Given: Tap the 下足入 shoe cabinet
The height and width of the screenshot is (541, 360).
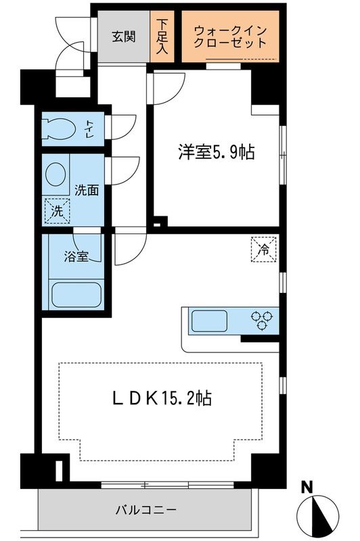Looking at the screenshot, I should coord(162,37).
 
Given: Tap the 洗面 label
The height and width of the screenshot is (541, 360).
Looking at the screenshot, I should coord(87,190).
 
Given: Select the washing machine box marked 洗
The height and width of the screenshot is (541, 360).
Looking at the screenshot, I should coord(57,211).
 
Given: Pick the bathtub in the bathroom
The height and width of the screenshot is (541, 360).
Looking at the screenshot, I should coord(75,296).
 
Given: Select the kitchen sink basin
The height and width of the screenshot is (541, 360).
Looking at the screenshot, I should coord(211,319).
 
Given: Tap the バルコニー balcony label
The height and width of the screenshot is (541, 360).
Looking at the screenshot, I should coord(145,510).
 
